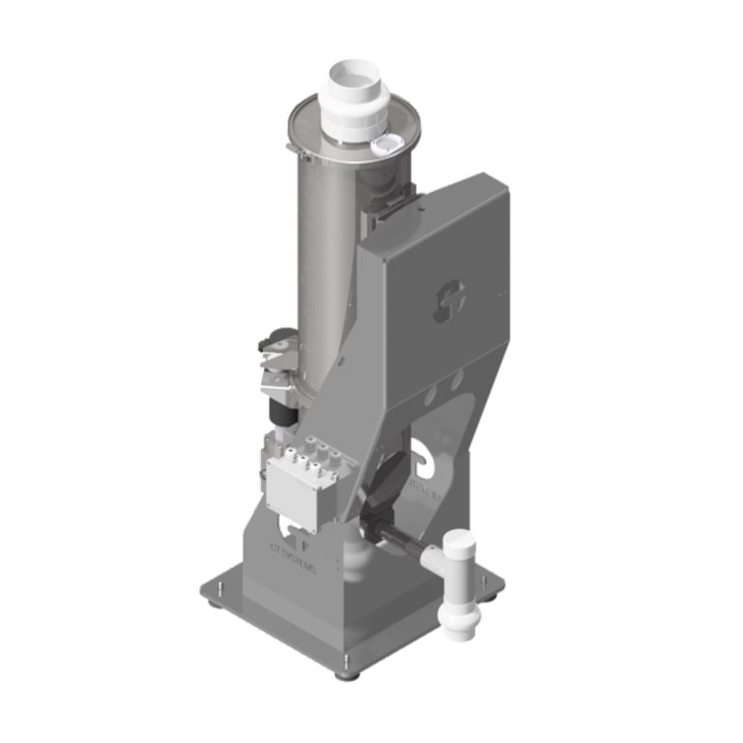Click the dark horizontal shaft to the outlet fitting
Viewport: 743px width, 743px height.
410,552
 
